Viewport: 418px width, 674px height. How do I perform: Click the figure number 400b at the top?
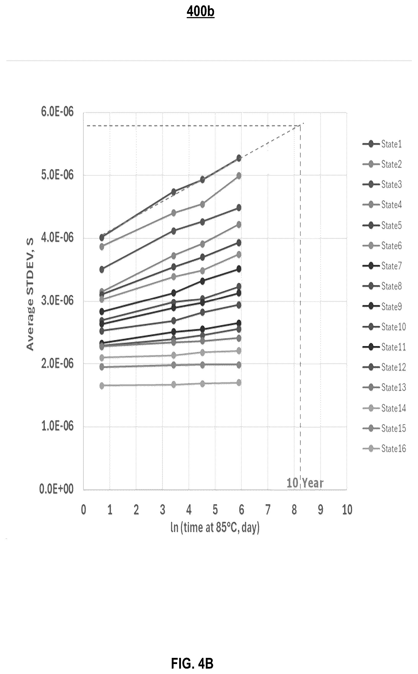(x=200, y=12)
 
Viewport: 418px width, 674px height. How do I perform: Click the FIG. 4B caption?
(x=192, y=663)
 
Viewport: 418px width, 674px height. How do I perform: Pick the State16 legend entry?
(x=384, y=448)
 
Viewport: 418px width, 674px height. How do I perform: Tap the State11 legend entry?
(x=384, y=347)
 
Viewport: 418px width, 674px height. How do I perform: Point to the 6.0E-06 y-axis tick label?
(x=58, y=112)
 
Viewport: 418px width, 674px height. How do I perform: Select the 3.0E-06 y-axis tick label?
(x=58, y=300)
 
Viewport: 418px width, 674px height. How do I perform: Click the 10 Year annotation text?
(x=305, y=483)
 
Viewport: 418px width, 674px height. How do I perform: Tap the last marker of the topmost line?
(x=239, y=158)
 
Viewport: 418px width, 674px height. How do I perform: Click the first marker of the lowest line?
(x=102, y=385)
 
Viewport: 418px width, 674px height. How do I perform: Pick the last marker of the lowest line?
(x=239, y=383)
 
